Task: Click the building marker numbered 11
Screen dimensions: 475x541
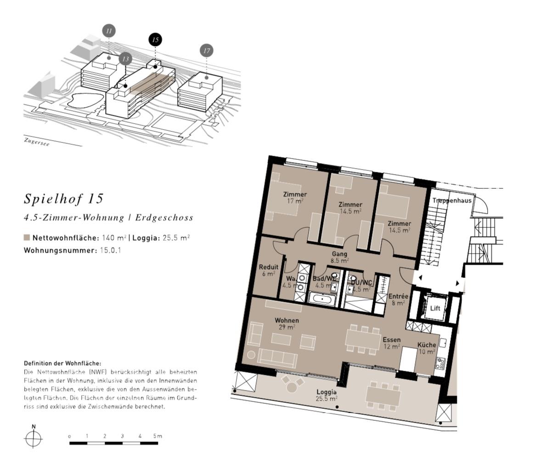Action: tap(109, 31)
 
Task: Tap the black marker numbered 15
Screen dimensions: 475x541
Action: tap(155, 40)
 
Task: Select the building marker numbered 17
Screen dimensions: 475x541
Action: tap(207, 51)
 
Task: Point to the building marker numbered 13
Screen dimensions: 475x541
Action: tap(125, 59)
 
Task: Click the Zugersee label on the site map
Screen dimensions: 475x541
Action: tap(37, 142)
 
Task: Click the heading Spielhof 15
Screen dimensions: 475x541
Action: tap(64, 198)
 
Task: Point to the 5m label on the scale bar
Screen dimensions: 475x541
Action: tap(158, 436)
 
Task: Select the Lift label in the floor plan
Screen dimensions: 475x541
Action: tap(435, 308)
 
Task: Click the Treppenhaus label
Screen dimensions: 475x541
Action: tap(451, 201)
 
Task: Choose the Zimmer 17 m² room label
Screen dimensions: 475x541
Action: tap(295, 198)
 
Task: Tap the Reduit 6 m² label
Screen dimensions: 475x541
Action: tap(268, 270)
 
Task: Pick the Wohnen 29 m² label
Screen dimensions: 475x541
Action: tap(287, 323)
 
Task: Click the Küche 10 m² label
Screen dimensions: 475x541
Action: tap(427, 348)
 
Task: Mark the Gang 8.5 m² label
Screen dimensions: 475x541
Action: tap(339, 257)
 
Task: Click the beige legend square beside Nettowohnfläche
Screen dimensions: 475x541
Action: tap(27, 237)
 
